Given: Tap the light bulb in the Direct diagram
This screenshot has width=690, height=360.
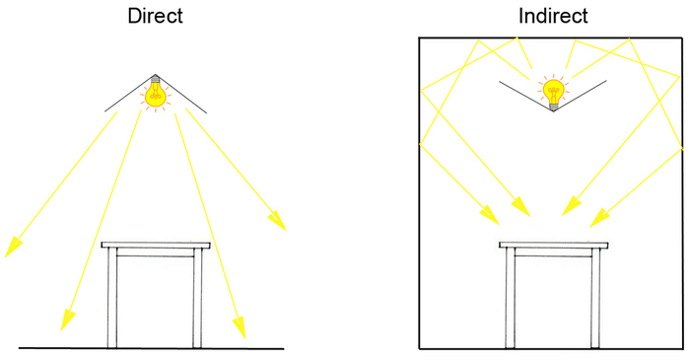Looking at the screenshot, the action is point(156,95).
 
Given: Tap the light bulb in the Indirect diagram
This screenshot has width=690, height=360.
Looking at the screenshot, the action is point(553,92).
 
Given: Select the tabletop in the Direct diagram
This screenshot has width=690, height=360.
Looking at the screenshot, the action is point(156,245).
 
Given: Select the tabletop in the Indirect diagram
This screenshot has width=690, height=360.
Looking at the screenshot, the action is point(553,245).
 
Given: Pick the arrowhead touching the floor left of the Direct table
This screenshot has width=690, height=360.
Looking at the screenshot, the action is point(66,322).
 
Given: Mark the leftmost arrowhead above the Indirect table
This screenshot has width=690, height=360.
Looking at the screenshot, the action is point(489,214).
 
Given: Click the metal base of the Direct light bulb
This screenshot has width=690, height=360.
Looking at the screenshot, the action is point(156,78).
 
